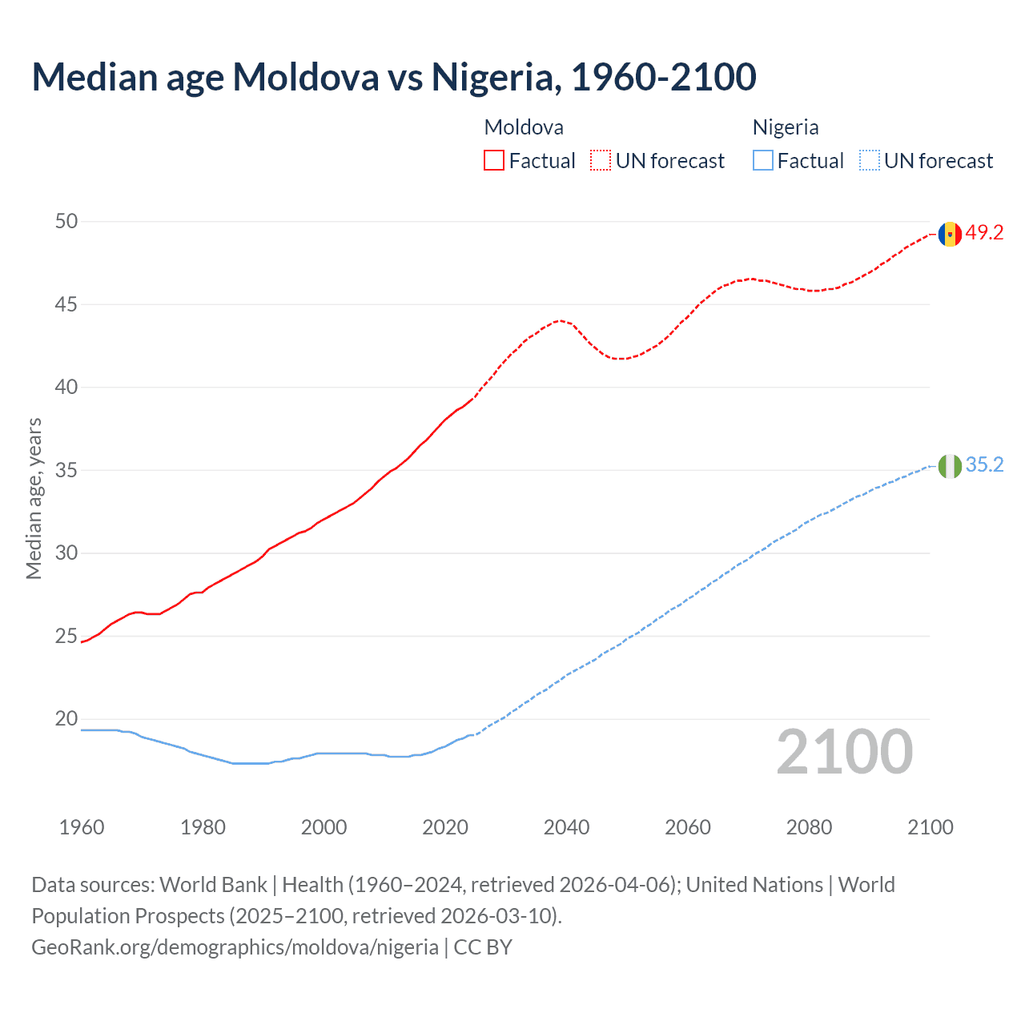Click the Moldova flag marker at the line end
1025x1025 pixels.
tap(950, 234)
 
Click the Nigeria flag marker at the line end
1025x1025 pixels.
tap(950, 466)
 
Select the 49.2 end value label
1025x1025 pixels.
tap(984, 233)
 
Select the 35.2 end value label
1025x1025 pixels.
tap(984, 465)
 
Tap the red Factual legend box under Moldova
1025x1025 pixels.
tap(494, 161)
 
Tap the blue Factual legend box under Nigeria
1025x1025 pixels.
tap(762, 161)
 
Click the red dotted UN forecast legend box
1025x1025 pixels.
tap(601, 161)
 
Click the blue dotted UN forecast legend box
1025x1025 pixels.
tap(869, 161)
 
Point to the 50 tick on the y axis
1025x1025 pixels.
tap(66, 221)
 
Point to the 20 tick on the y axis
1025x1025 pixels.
tap(66, 719)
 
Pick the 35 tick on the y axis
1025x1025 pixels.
tap(66, 470)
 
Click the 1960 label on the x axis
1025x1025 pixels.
tap(82, 827)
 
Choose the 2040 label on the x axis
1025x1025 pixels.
tap(566, 827)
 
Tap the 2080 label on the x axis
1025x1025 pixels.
tap(809, 827)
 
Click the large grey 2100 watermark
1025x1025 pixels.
tap(844, 752)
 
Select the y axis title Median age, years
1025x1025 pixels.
tap(34, 498)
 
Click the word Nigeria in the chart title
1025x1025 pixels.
tap(492, 77)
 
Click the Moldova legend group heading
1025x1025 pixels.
tap(524, 127)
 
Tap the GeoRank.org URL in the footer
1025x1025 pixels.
tap(235, 947)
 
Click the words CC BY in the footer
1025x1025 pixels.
tap(483, 947)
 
